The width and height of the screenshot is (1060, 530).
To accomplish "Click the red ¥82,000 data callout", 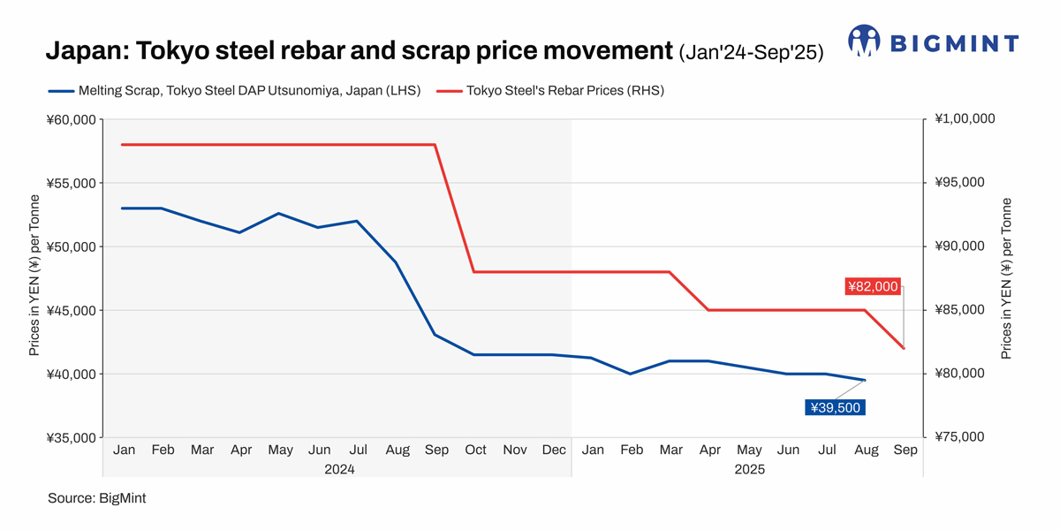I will click(x=873, y=286).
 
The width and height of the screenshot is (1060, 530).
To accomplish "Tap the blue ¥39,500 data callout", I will click(x=835, y=407).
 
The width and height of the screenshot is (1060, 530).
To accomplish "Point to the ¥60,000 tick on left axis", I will click(x=70, y=119).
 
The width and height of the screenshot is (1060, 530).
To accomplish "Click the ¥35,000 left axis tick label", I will click(x=70, y=437).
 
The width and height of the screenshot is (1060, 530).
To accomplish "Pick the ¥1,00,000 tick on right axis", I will click(x=964, y=119).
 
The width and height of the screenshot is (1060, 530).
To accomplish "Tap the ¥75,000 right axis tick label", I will click(x=959, y=437).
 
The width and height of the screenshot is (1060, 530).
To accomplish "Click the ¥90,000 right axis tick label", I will click(x=959, y=246).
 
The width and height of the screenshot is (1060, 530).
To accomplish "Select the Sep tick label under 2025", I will click(x=905, y=450).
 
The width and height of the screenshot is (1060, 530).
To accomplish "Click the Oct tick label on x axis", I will click(x=475, y=450).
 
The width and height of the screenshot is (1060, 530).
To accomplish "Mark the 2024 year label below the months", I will click(x=339, y=469).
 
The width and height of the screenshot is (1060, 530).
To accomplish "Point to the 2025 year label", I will click(x=749, y=469).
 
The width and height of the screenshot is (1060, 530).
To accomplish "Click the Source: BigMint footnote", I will click(x=96, y=498).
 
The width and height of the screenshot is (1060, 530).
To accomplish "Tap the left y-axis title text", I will click(x=34, y=278).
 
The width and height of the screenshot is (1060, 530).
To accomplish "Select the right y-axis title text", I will click(x=1006, y=278).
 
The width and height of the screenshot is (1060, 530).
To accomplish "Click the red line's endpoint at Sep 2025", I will click(x=904, y=348).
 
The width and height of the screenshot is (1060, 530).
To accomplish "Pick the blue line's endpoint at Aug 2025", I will click(x=865, y=380).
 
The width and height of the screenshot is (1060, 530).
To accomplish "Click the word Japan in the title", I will click(x=84, y=50).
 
